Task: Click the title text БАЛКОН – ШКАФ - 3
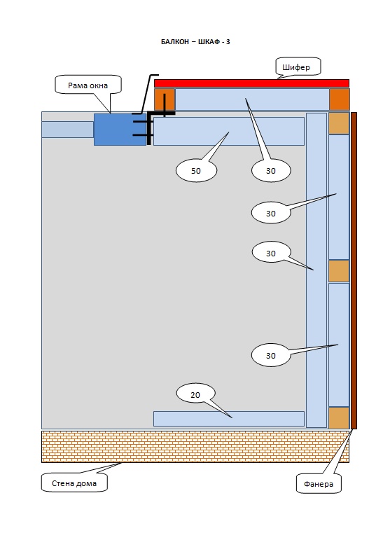[x=195, y=42]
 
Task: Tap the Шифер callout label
[x=298, y=67]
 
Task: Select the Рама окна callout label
[x=88, y=85]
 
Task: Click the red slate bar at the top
[x=251, y=83]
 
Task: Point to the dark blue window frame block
[x=120, y=130]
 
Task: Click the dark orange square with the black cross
[x=165, y=99]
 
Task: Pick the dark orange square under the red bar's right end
[x=340, y=99]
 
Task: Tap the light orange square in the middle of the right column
[x=339, y=271]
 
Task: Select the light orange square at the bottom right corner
[x=339, y=417]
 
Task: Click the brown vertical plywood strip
[x=354, y=270]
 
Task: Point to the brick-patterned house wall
[x=195, y=447]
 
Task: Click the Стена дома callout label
[x=74, y=483]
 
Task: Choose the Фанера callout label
[x=319, y=483]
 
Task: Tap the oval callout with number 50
[x=197, y=171]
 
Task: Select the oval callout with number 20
[x=195, y=394]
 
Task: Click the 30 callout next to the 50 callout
[x=271, y=171]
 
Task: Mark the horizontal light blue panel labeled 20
[x=228, y=419]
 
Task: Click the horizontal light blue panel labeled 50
[x=228, y=131]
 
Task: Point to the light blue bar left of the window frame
[x=67, y=130]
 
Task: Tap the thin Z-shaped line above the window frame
[x=146, y=95]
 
